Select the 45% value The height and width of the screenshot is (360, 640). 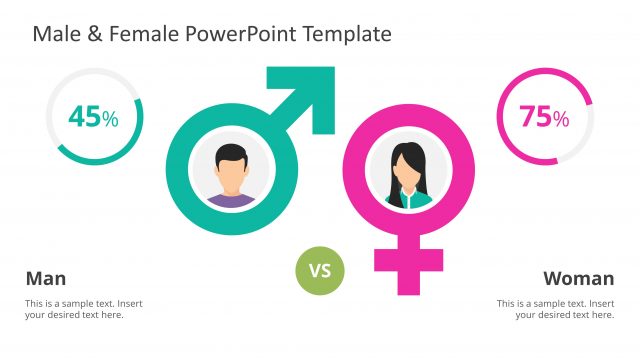(x=93, y=117)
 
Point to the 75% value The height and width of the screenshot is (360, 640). (x=544, y=117)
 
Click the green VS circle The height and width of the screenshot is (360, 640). (x=319, y=270)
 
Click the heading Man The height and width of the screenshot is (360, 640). (x=45, y=278)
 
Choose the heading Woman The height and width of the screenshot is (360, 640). (x=578, y=278)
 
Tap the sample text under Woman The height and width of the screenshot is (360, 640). (x=556, y=309)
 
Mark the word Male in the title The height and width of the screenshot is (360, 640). (x=57, y=34)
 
